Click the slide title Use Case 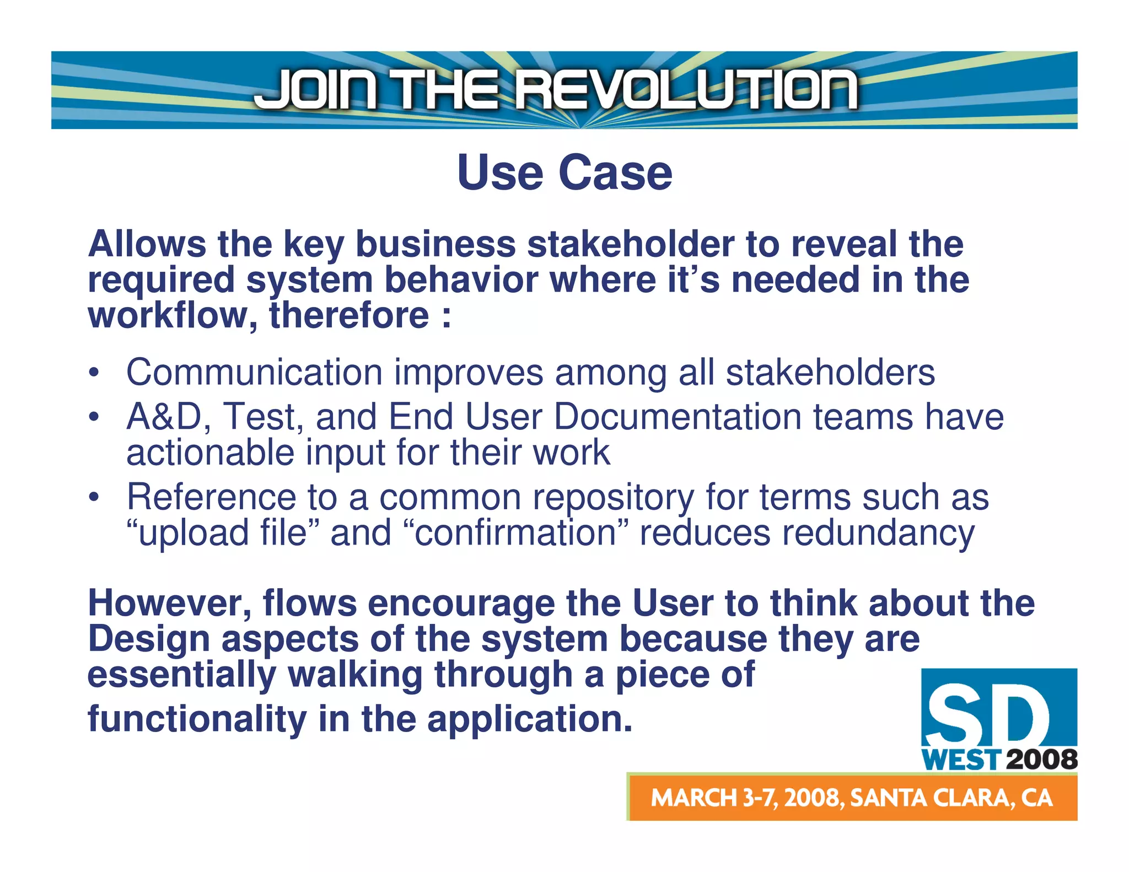coord(564,173)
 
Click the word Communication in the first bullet coord(254,372)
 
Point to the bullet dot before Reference coord(94,497)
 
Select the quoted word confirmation coord(515,533)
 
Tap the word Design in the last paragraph coord(149,639)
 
